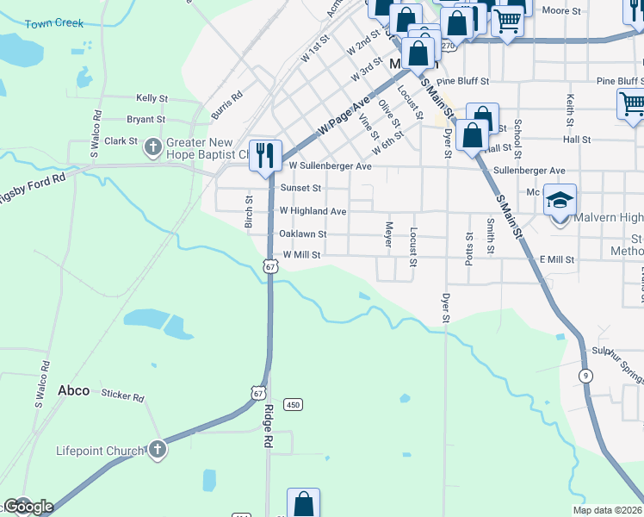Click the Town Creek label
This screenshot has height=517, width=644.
[x=54, y=23]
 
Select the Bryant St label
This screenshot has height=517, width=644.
[x=146, y=120]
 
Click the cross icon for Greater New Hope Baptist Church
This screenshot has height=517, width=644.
[x=153, y=147]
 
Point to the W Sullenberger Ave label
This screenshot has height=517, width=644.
[x=330, y=165]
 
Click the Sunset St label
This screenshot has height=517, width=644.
[x=300, y=188]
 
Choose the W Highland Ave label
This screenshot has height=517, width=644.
[x=313, y=211]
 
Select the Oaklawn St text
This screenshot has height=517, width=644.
[x=302, y=234]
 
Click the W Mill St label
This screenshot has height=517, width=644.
[x=301, y=255]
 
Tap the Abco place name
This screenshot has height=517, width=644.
[x=73, y=390]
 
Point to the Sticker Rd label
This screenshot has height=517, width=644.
[x=122, y=396]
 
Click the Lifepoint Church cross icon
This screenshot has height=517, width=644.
[x=156, y=449]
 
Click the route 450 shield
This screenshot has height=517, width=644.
[x=294, y=404]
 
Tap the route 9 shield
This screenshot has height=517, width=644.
[x=585, y=375]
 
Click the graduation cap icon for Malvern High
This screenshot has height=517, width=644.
[x=560, y=201]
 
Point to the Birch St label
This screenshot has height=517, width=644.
[x=249, y=212]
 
